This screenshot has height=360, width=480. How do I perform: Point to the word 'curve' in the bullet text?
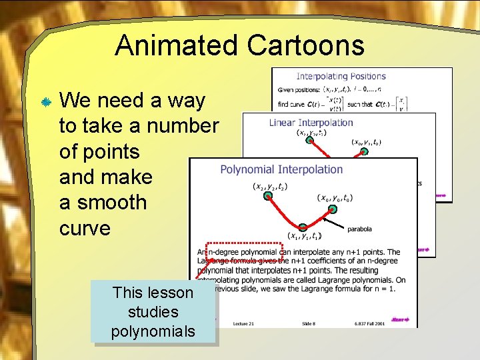click(x=85, y=227)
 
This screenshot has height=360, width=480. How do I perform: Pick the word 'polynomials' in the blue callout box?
click(x=153, y=331)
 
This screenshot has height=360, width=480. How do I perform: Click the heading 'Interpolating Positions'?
click(x=341, y=77)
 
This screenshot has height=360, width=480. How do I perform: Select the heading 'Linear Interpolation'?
click(x=311, y=123)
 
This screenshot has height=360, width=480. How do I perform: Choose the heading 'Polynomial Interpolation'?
click(x=281, y=170)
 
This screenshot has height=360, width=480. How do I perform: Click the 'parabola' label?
click(x=359, y=229)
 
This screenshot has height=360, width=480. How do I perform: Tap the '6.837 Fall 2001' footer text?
click(x=371, y=323)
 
